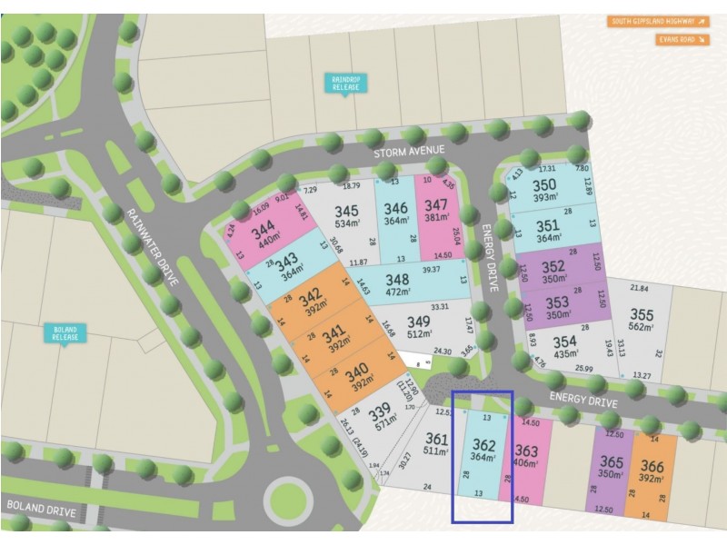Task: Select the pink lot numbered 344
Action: click(x=264, y=233)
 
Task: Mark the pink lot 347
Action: click(x=436, y=212)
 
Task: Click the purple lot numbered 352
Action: click(x=553, y=272)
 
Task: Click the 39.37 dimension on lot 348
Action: click(x=430, y=270)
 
